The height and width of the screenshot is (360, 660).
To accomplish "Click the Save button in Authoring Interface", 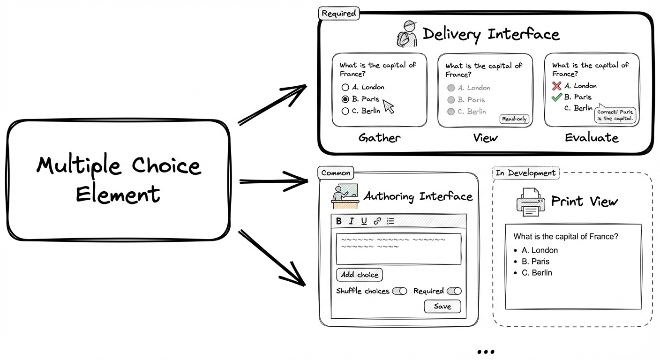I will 442,307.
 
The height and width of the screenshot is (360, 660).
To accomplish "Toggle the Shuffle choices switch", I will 400,291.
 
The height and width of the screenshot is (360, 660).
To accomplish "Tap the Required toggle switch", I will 454,291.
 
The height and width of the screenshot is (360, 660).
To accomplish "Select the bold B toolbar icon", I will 339,221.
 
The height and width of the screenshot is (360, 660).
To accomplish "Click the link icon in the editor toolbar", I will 377,221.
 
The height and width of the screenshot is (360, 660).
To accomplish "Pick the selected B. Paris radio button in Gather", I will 345,99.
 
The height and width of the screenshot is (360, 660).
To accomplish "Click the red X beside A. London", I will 556,86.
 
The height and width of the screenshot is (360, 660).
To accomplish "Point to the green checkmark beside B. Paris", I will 556,97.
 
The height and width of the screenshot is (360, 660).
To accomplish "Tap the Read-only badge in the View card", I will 514,119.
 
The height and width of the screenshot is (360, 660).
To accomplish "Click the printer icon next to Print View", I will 530,202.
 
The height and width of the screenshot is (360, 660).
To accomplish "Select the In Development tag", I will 525,173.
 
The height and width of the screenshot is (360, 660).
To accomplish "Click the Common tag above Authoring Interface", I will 336,173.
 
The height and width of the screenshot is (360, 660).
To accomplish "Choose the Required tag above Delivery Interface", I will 339,14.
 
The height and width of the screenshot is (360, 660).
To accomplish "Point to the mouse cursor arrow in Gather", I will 389,106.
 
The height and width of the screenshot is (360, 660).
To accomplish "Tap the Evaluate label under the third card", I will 592,138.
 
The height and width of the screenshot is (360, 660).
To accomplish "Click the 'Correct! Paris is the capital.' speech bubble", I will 616,115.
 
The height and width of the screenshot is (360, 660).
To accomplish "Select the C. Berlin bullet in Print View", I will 516,273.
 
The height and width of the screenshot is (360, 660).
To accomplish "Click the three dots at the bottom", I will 485,352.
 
